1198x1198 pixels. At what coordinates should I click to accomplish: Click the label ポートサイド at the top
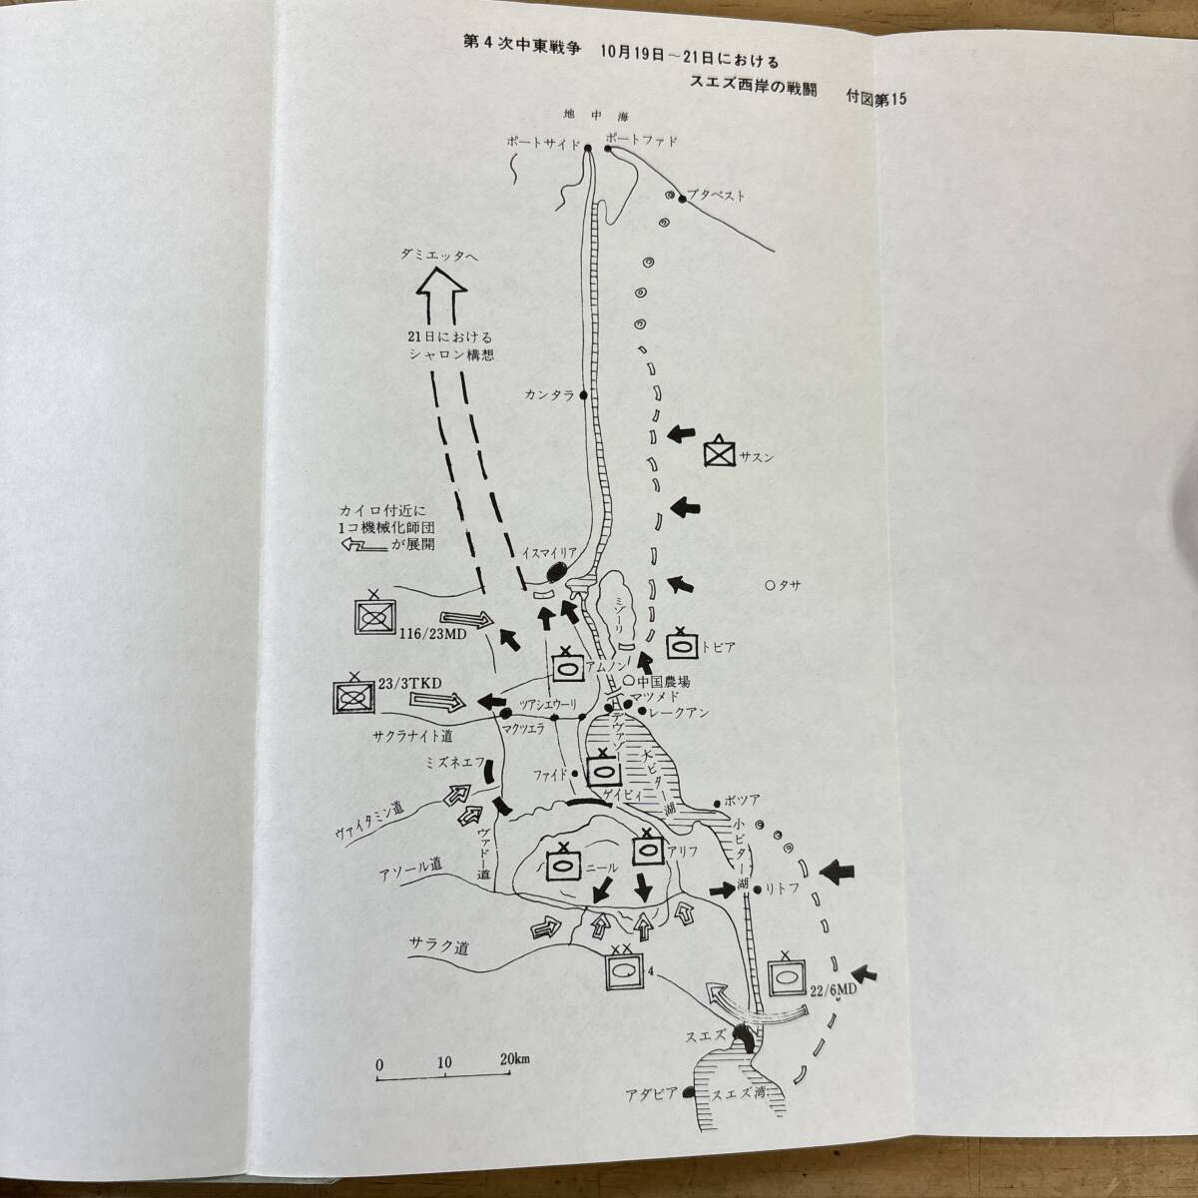pos(543,143)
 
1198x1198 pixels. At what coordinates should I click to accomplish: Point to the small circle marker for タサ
pos(770,585)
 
